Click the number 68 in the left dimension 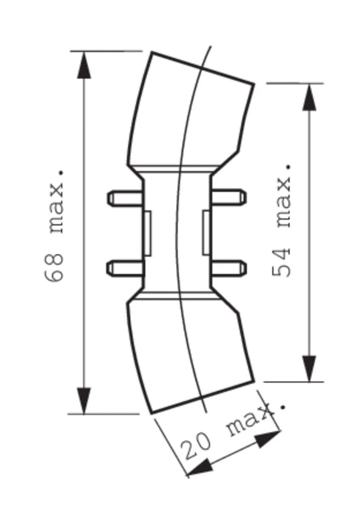(x=54, y=267)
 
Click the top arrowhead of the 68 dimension (x=84, y=65)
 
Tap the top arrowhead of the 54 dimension (x=309, y=98)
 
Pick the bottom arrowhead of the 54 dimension (x=309, y=368)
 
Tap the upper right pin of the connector (x=228, y=196)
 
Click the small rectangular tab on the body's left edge (x=147, y=233)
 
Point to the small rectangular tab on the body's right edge (x=206, y=233)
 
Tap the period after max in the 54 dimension (x=289, y=167)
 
